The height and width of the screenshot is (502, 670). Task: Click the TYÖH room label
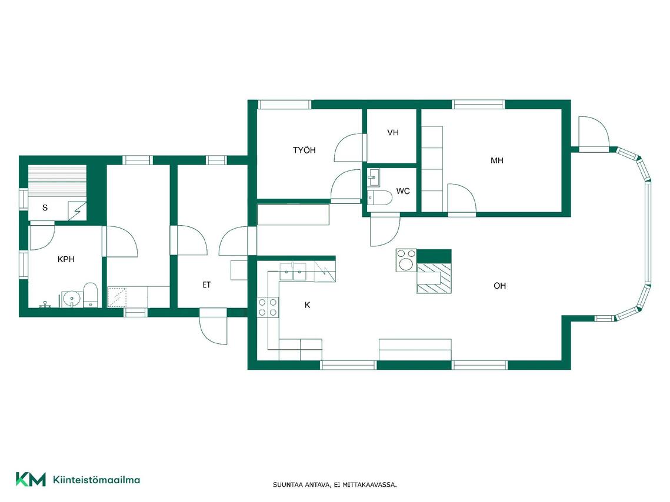tap(304, 150)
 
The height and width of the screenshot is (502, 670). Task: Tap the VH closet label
tap(393, 132)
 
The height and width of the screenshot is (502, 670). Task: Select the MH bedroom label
tap(497, 160)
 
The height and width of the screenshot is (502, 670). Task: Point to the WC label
tap(403, 191)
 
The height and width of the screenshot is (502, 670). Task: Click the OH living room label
tap(499, 286)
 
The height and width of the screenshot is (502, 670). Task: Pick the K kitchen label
tap(307, 304)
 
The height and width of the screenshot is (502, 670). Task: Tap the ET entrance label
tap(206, 285)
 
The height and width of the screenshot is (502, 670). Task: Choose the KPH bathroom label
tap(66, 259)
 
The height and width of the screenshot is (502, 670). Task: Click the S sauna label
tap(45, 208)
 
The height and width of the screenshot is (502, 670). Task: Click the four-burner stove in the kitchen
tap(268, 307)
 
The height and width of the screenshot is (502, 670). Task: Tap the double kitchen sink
tap(293, 272)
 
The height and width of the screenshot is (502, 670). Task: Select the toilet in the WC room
tap(380, 198)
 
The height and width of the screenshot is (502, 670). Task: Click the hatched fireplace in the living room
tap(434, 278)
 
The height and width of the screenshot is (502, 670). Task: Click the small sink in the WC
tap(373, 178)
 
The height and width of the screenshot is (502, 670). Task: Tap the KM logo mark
tap(31, 479)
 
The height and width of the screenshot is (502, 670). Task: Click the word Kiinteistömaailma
tap(96, 480)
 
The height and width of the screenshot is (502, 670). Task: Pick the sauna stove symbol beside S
tap(77, 211)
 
